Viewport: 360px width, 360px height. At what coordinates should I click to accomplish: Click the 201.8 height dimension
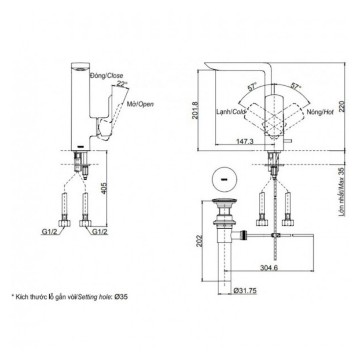pyautogui.click(x=195, y=110)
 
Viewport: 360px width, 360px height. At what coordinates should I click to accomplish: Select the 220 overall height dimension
pyautogui.click(x=342, y=106)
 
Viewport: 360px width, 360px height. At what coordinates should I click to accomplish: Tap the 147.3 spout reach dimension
pyautogui.click(x=245, y=141)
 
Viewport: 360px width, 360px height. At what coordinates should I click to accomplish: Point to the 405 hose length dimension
pyautogui.click(x=104, y=188)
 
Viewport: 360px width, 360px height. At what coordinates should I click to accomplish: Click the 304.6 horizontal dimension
pyautogui.click(x=269, y=268)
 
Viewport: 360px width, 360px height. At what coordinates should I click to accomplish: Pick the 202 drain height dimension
pyautogui.click(x=199, y=241)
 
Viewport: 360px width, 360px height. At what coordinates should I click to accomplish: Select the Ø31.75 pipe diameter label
pyautogui.click(x=245, y=291)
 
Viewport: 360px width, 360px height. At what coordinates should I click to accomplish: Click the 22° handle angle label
pyautogui.click(x=122, y=84)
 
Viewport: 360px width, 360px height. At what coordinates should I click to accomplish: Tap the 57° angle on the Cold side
pyautogui.click(x=252, y=86)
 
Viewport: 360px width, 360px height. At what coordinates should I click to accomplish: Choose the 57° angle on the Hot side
pyautogui.click(x=296, y=86)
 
